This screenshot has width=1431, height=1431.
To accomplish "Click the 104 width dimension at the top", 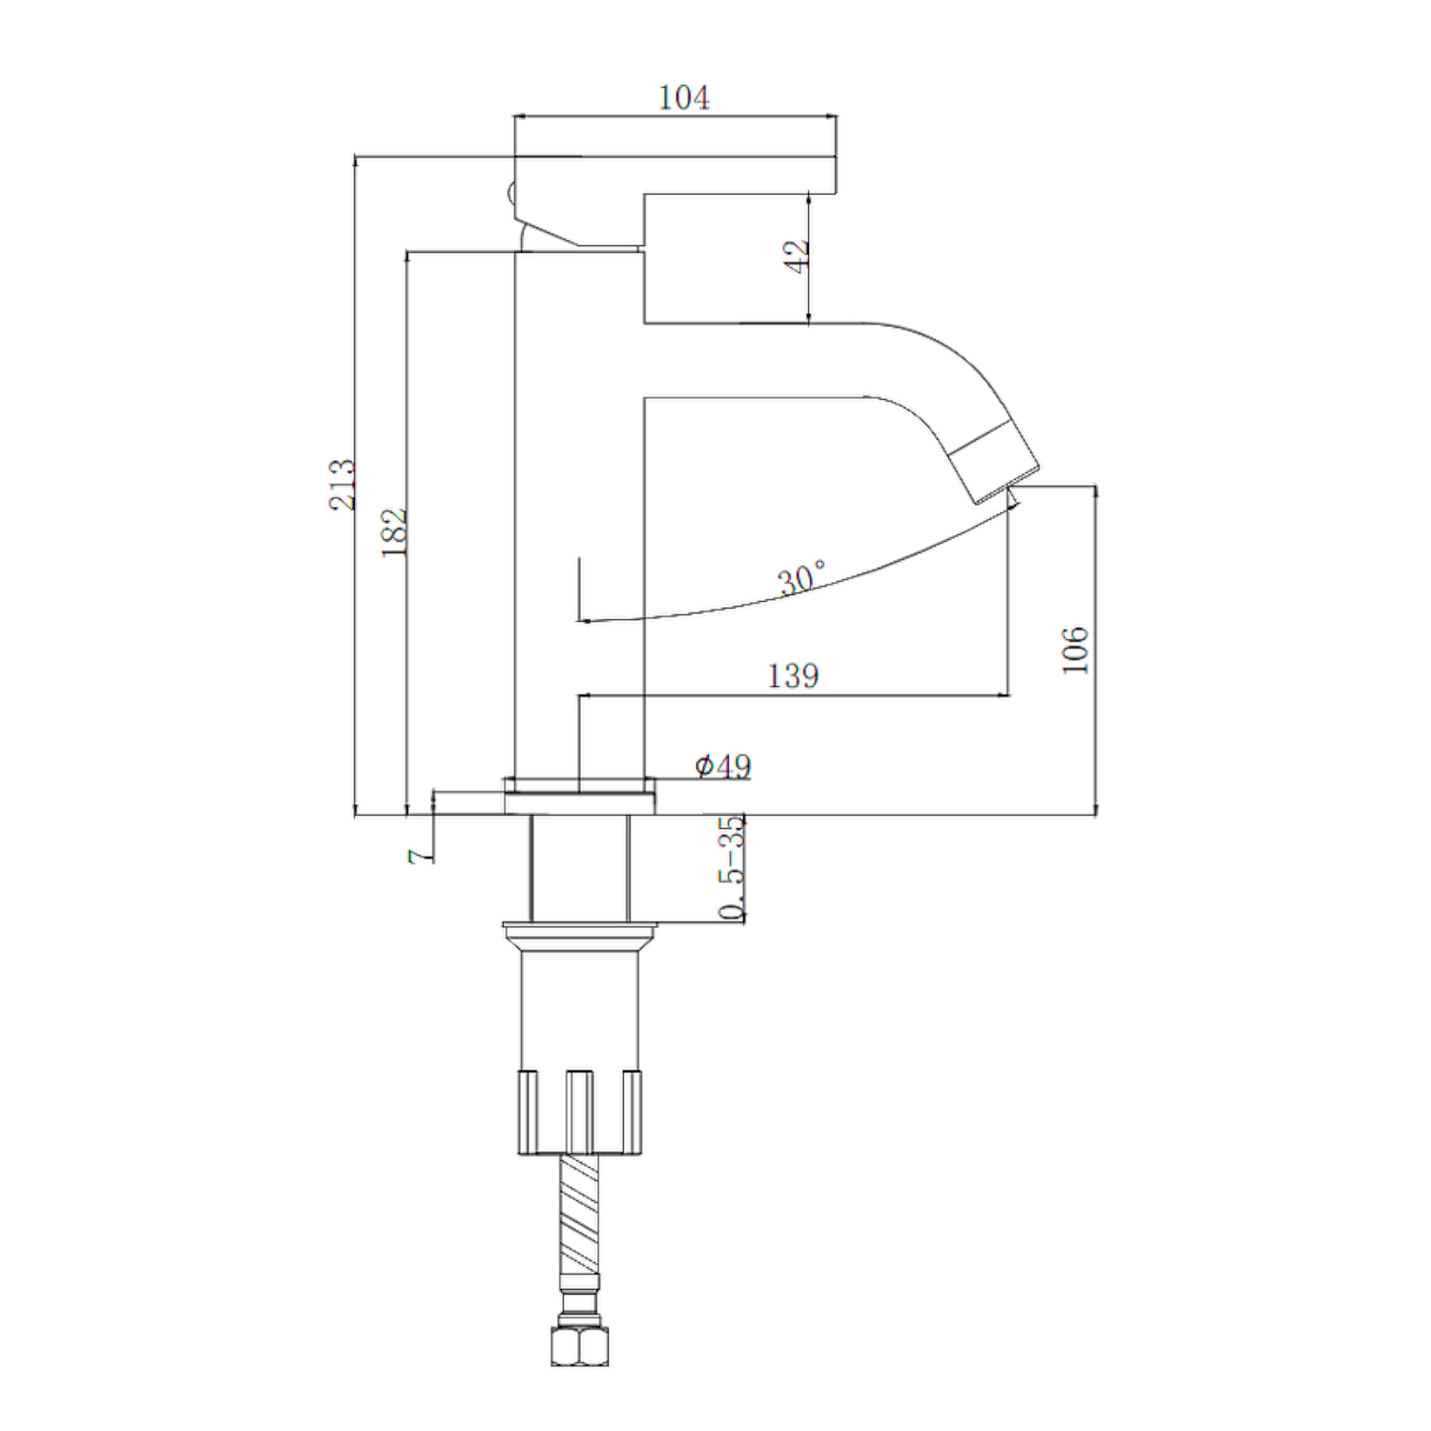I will click(683, 97).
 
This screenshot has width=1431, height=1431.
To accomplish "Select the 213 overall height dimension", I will click(342, 484).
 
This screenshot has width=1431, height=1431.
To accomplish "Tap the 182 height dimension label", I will click(394, 531).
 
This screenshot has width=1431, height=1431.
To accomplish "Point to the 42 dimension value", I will click(797, 255).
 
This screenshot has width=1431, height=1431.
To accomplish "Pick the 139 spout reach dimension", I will click(793, 675).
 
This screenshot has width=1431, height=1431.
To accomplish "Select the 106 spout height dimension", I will click(1075, 650).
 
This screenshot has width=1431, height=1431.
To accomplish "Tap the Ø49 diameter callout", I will click(722, 765).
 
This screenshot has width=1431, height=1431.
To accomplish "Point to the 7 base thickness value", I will click(416, 856).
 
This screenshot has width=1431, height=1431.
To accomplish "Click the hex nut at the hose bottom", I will click(579, 1346).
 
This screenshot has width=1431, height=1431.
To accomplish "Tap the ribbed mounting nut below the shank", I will click(579, 1111).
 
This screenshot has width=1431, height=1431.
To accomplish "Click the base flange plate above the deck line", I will click(579, 802).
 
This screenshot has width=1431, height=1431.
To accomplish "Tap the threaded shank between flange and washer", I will click(579, 868).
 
